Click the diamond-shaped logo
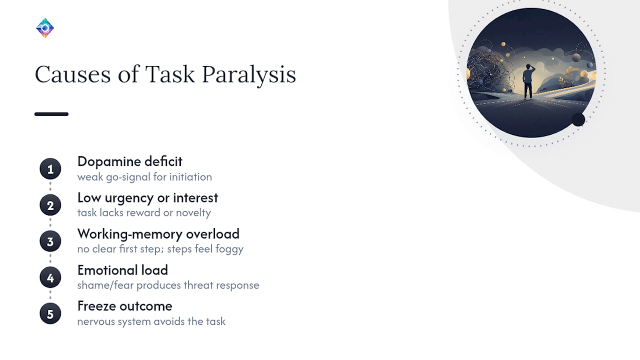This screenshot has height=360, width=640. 45,28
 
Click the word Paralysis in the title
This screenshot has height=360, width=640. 249,75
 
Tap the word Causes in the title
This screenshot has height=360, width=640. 73,74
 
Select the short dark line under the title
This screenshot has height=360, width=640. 51,114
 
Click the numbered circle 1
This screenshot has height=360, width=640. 50,169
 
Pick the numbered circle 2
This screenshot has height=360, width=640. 50,205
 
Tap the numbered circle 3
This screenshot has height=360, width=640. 50,241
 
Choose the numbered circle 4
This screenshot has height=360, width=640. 50,277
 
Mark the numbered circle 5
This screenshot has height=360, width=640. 50,313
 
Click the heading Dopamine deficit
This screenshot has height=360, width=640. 129,161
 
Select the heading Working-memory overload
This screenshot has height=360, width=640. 158,234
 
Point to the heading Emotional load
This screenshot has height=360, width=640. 122,270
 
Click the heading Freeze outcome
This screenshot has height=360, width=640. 125,306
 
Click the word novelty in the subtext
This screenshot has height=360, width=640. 193,213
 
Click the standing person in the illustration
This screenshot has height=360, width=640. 528,81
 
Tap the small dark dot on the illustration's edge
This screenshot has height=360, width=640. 578,119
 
